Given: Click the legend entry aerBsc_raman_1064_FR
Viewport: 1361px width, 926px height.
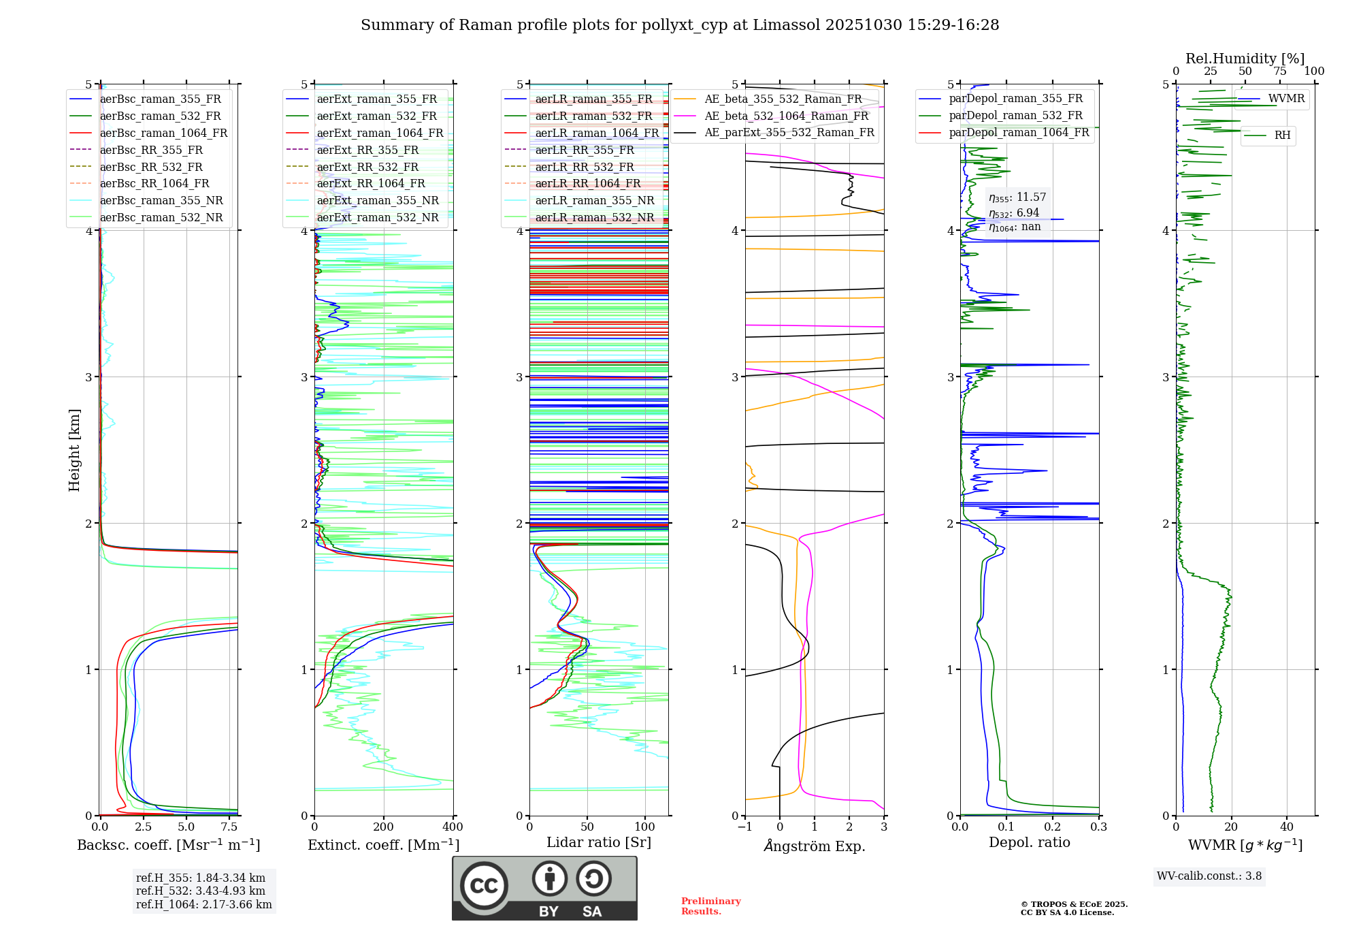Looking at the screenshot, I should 163,133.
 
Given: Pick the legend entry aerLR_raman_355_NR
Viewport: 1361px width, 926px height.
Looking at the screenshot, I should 594,201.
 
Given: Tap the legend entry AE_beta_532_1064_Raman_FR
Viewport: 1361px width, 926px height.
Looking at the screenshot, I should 786,116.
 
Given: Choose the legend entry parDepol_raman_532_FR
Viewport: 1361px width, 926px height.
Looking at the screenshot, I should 1015,116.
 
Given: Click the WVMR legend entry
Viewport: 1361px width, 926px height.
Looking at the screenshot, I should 1286,99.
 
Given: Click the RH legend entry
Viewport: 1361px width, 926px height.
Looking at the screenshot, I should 1282,135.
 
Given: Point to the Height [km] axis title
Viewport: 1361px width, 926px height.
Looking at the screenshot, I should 74,450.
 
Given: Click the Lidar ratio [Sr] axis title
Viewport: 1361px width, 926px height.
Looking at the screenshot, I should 598,842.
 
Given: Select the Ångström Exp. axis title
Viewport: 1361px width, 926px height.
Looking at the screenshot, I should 815,846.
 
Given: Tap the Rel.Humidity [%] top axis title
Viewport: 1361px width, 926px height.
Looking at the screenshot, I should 1245,59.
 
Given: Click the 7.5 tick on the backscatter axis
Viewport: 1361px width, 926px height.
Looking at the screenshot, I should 230,827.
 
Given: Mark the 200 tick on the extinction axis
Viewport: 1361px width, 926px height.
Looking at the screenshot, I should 384,827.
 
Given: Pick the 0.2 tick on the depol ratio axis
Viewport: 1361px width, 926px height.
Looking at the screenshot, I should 1053,827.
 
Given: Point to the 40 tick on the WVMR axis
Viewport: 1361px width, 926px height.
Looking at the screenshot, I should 1287,827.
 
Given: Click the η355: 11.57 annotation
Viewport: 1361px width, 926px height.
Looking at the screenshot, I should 1017,197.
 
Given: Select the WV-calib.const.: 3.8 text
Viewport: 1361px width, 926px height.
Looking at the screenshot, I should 1209,876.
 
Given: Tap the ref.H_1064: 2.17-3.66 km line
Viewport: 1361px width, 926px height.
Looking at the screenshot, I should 204,905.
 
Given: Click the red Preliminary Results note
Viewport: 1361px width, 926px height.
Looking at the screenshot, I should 710,906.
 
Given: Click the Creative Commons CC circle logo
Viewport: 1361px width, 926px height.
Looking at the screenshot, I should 484,886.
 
